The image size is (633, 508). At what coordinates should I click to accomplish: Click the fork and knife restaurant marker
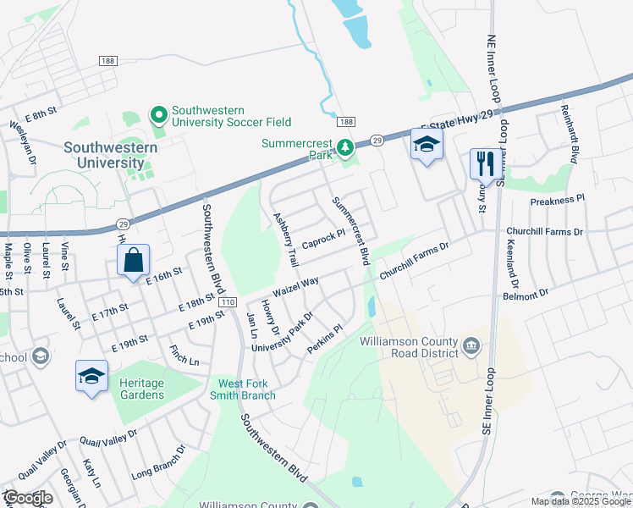(485, 163)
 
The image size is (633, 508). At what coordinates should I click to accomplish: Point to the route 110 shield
(226, 302)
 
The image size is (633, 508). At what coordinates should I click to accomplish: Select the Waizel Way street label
(294, 283)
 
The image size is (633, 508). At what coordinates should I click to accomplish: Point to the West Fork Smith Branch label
(247, 389)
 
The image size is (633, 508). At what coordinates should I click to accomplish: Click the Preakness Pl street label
(557, 201)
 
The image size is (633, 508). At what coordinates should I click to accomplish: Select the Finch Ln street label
(184, 353)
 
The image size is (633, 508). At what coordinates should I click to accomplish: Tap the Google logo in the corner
(28, 498)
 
